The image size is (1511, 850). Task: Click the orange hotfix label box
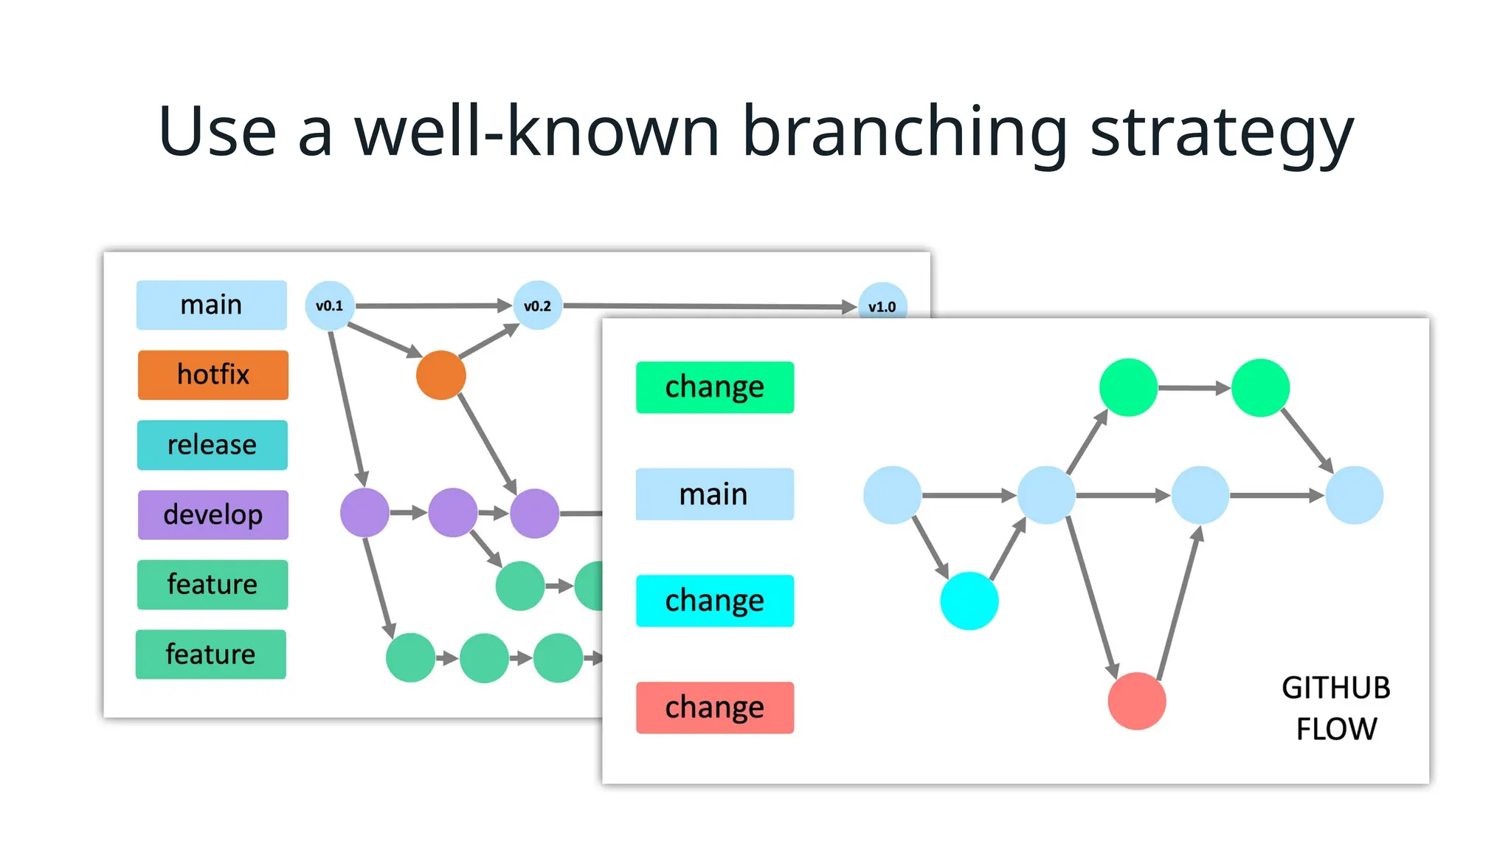[212, 375]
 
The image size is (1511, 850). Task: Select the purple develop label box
[212, 514]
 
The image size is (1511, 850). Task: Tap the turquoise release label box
[212, 445]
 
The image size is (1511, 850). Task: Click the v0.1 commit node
[330, 305]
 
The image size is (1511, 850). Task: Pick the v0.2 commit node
[537, 305]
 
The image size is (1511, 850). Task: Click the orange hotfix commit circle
[440, 375]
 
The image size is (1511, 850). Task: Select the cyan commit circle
[969, 601]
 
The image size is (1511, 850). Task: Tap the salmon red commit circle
[1137, 701]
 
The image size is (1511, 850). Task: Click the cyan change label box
[714, 601]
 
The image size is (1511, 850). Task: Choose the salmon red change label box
[714, 708]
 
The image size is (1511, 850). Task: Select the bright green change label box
[714, 387]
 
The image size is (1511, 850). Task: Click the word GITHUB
[1335, 688]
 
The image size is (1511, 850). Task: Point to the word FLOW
[1336, 729]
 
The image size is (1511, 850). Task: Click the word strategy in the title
[1221, 133]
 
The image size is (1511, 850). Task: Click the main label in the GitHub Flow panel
[714, 494]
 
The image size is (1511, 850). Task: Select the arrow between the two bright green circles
[1194, 387]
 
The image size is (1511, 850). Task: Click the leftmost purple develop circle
[364, 513]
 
